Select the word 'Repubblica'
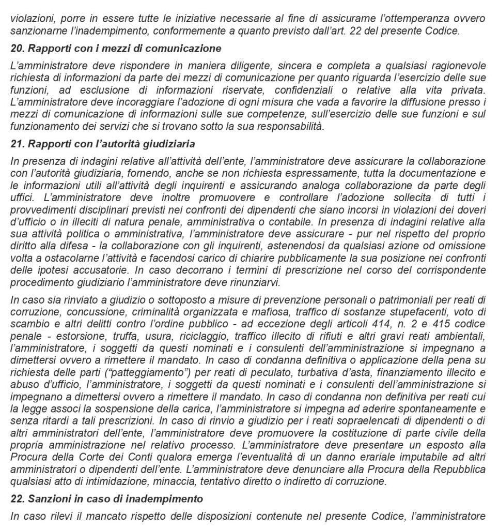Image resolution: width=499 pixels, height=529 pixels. (461, 471)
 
